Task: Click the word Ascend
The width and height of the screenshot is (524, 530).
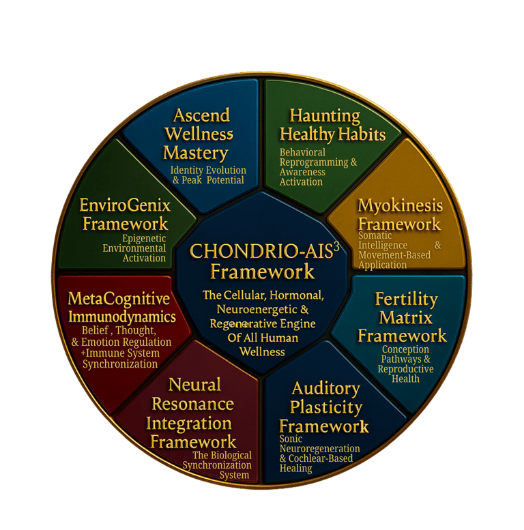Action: (x=201, y=115)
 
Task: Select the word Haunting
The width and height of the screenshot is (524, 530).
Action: (x=325, y=115)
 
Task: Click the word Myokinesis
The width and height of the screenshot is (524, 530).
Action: (x=401, y=206)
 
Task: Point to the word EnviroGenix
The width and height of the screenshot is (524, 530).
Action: (x=125, y=205)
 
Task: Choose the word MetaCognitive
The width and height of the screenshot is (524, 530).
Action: (x=119, y=299)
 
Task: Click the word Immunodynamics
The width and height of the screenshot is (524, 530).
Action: (x=122, y=317)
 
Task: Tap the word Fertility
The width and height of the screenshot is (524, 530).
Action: (x=407, y=299)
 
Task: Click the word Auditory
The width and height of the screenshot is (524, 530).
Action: (x=325, y=389)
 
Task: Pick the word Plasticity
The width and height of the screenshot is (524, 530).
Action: (x=325, y=408)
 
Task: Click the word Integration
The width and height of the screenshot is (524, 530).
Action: (x=188, y=423)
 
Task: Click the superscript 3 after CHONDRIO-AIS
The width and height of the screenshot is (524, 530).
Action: (x=336, y=246)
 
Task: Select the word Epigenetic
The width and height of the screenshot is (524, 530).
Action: (x=144, y=239)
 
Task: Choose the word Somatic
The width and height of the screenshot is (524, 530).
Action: (x=375, y=236)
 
